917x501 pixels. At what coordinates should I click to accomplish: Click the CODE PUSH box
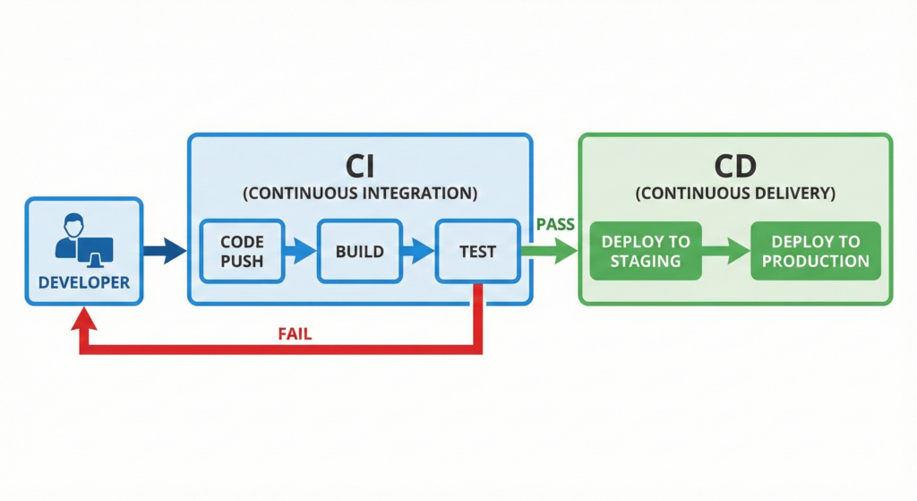coord(242,251)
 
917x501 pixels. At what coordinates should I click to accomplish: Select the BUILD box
coord(360,251)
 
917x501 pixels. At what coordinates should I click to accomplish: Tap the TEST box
coord(478,251)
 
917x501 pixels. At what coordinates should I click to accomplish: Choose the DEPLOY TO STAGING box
coord(646,251)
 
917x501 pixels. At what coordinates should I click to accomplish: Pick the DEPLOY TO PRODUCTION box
coord(816,251)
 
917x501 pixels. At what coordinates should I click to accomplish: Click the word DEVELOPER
coord(84,282)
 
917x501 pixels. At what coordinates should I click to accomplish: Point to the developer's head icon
coord(73,225)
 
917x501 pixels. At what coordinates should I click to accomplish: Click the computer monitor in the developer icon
coord(95,253)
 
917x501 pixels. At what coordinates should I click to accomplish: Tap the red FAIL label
coord(295,334)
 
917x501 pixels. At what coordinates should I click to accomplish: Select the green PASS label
coord(555,224)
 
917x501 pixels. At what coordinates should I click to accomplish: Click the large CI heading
coord(360,166)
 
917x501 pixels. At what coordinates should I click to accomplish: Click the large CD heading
coord(735,166)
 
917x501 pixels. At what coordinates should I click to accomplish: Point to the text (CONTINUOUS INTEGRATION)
coord(360,194)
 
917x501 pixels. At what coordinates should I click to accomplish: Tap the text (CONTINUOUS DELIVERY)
coord(735,194)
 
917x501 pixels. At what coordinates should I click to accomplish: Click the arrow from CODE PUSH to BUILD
coord(301,251)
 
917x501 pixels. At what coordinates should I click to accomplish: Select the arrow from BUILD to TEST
coord(418,251)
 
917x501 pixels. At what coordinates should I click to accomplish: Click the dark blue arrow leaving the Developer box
coord(165,251)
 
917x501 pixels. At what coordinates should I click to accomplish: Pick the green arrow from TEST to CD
coord(549,251)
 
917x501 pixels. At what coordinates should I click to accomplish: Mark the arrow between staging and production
coord(725,251)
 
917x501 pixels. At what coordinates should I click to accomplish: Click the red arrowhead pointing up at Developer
coord(84,320)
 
